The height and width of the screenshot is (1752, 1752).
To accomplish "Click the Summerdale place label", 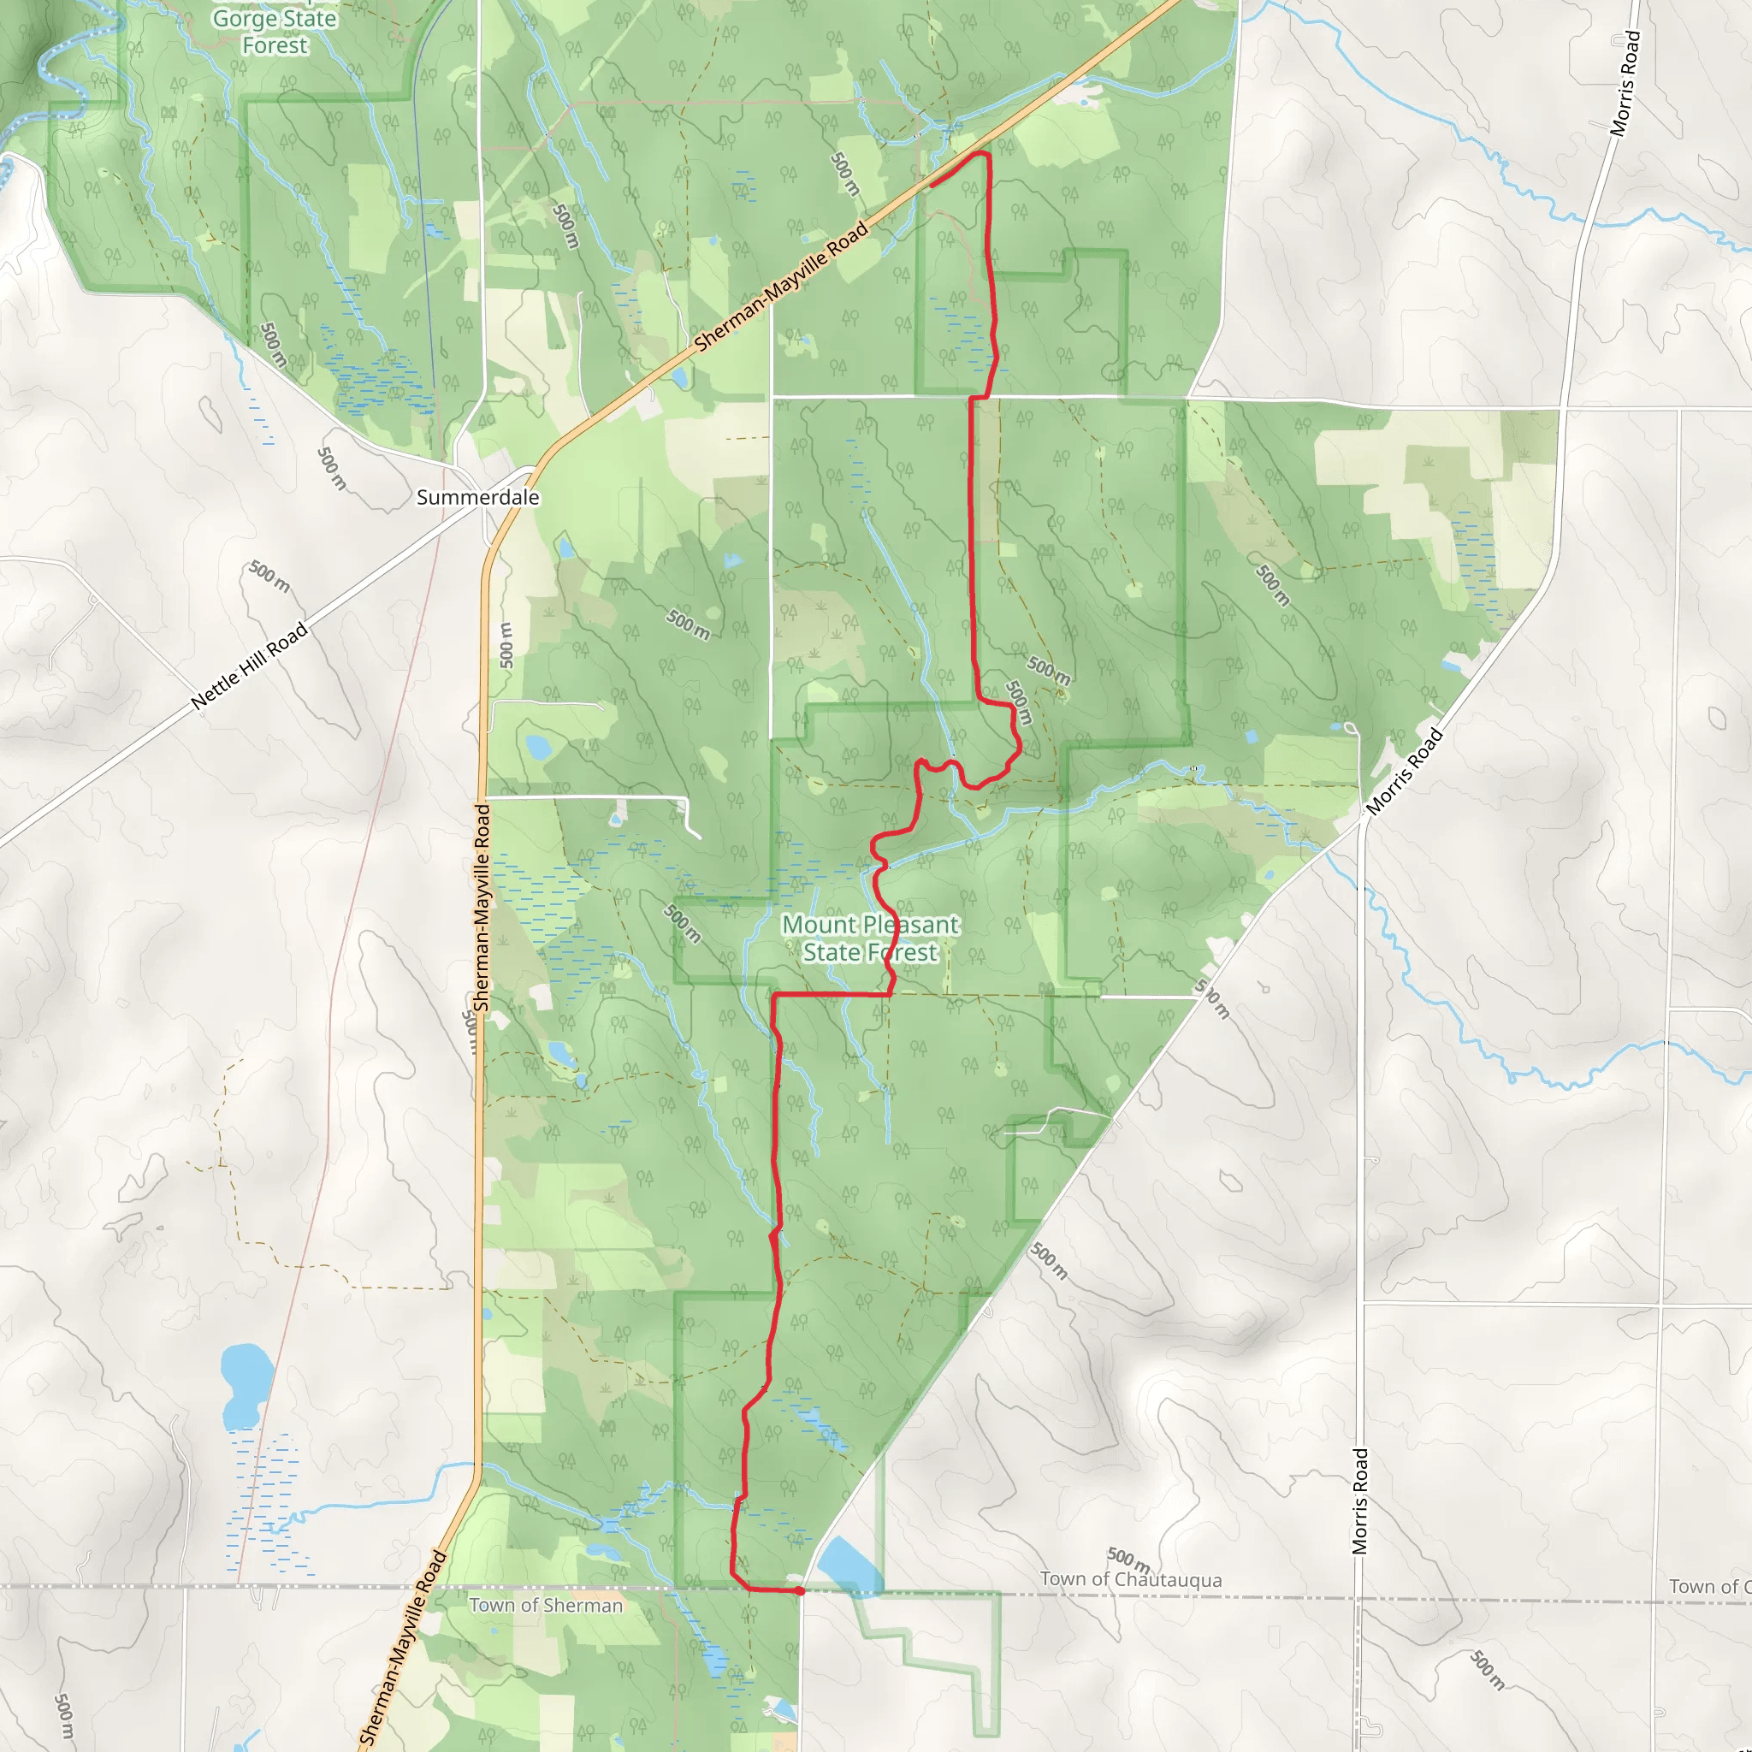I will point(478,498).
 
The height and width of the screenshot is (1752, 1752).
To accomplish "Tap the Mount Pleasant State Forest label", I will point(870,938).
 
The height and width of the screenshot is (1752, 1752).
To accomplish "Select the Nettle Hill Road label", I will point(250,666).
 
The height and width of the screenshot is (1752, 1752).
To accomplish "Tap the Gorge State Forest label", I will point(275,32).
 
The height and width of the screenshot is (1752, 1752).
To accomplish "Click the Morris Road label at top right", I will point(1625,84).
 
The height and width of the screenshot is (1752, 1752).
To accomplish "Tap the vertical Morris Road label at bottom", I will point(1360,1500).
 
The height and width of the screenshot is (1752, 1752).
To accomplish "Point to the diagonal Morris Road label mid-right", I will point(1404,772).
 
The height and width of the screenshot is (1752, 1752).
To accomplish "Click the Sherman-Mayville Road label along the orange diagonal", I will point(781,287).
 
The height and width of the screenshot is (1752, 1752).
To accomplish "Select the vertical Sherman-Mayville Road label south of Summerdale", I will point(482,907).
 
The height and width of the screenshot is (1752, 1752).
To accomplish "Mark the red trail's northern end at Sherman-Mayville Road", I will point(932,186).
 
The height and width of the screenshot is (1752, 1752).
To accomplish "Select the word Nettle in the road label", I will point(216,690).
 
